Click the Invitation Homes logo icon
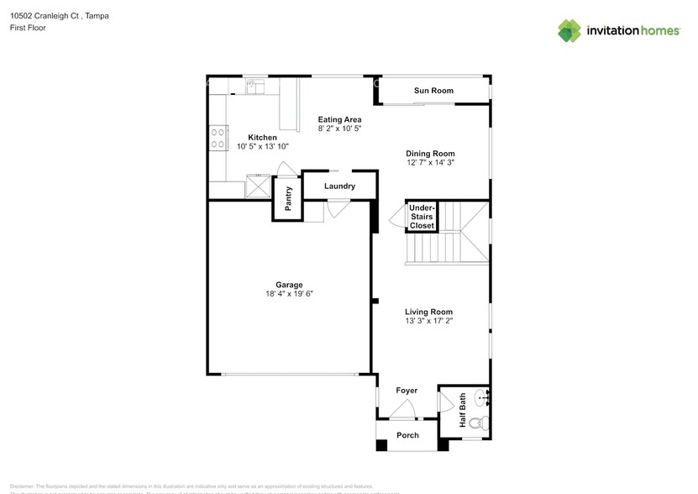click(569, 31)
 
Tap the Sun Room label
click(433, 91)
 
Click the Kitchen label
click(262, 137)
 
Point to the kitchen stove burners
click(217, 137)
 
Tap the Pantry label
click(288, 202)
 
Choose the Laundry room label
click(339, 187)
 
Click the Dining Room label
click(430, 154)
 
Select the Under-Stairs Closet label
click(422, 216)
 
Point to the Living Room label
click(428, 312)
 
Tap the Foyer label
click(407, 391)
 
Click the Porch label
click(407, 435)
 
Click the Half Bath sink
click(480, 397)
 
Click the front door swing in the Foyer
click(405, 412)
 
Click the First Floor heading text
click(28, 28)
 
